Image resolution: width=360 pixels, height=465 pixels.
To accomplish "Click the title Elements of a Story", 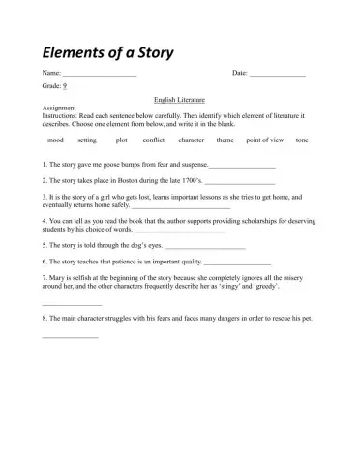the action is [x=105, y=51].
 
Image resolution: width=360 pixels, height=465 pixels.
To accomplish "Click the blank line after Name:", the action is [x=99, y=76].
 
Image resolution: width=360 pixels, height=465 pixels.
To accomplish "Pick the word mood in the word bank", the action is [x=55, y=140].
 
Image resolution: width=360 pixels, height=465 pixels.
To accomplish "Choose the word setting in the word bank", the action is [x=87, y=140].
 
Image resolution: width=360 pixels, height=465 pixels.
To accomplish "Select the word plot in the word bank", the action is [x=121, y=140].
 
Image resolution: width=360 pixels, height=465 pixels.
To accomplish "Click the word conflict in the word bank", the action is [x=153, y=140].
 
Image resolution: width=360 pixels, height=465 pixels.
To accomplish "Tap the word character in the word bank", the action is [x=192, y=140].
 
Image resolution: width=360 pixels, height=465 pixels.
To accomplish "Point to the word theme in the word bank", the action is [x=225, y=140].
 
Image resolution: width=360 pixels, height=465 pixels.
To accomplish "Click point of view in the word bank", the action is [x=264, y=140].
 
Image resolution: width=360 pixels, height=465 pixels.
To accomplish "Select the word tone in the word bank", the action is [x=302, y=140].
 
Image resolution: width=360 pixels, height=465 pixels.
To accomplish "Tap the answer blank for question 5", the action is [x=204, y=248].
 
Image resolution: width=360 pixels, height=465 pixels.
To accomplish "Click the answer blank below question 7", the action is [x=72, y=306].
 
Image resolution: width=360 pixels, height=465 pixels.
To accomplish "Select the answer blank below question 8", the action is [x=70, y=337].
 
